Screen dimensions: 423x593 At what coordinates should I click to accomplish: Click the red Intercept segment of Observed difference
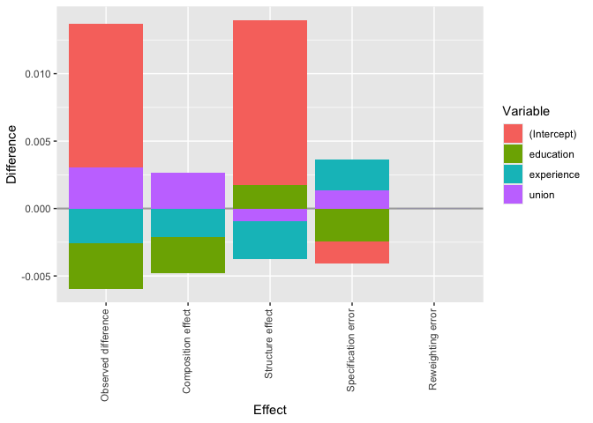(106, 95)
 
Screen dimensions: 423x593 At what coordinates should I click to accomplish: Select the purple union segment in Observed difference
(106, 188)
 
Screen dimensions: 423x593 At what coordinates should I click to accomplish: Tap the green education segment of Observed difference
(106, 265)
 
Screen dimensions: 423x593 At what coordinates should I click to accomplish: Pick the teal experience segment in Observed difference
(106, 226)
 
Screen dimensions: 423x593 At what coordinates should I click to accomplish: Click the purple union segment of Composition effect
(188, 190)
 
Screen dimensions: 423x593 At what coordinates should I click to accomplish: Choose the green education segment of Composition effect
(188, 255)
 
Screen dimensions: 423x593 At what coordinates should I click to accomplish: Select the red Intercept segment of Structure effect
(270, 102)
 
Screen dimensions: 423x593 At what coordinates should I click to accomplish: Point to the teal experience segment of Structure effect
(270, 240)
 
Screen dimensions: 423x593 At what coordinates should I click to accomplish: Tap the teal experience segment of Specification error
(352, 174)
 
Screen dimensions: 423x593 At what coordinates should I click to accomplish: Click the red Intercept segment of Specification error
(352, 252)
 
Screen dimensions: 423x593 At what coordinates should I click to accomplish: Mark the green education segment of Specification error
(352, 225)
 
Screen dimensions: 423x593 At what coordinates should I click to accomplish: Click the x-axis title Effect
(269, 410)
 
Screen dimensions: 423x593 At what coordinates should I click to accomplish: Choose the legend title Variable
(527, 111)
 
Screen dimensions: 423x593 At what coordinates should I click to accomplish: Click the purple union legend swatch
(514, 194)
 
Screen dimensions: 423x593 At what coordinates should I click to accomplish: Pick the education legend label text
(552, 153)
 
